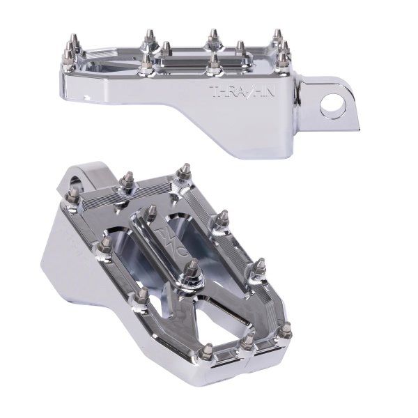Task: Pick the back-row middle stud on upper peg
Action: [212, 36]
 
